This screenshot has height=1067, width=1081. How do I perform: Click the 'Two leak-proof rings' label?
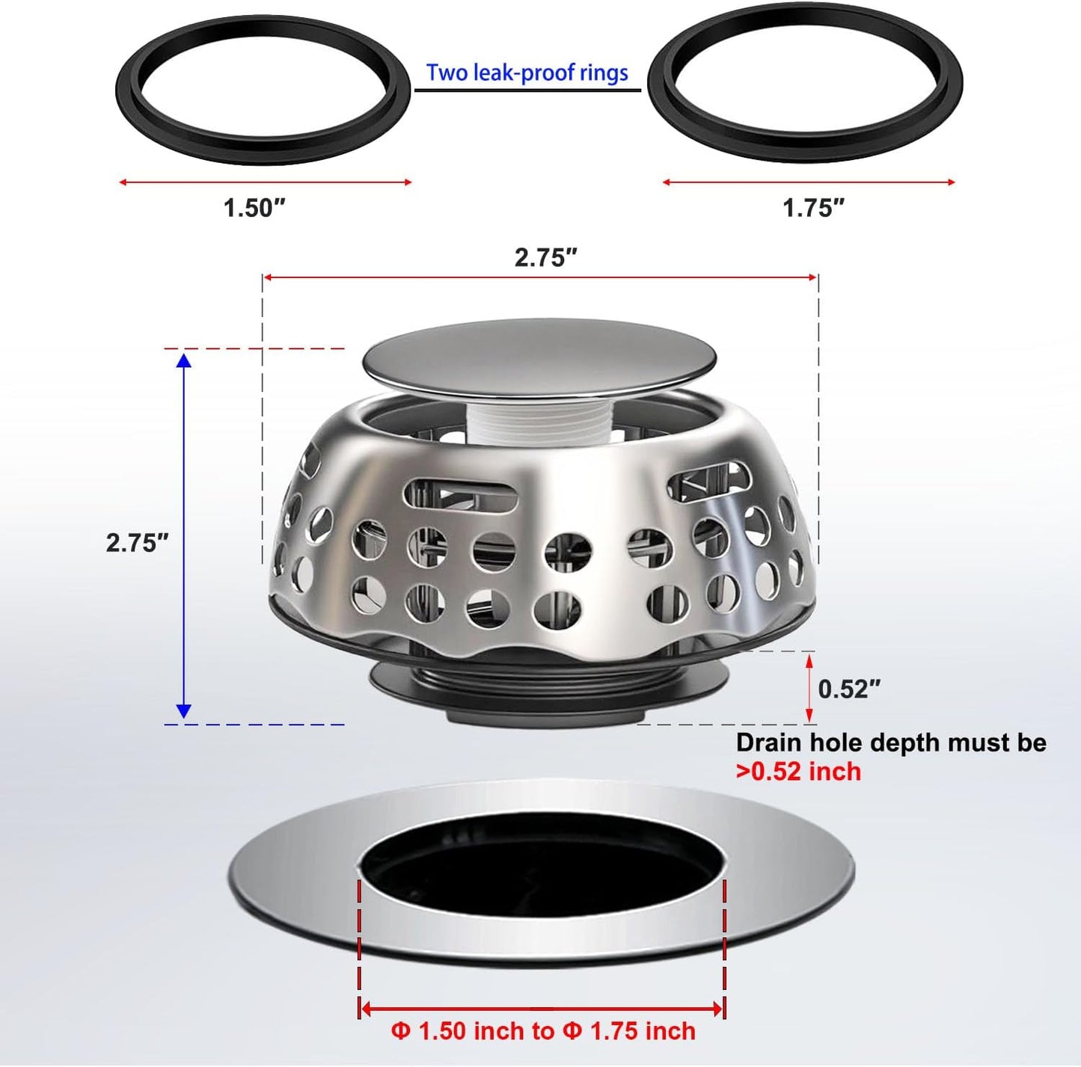tap(527, 73)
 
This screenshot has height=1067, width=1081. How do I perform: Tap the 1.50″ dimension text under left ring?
tap(254, 208)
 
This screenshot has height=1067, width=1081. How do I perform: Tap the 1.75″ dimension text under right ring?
tap(813, 208)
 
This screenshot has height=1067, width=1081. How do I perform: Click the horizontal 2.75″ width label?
tap(545, 258)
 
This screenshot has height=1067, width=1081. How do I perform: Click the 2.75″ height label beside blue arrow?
tap(137, 543)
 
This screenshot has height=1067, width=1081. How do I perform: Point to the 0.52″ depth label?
tap(848, 689)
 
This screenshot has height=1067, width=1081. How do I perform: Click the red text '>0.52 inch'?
tap(798, 771)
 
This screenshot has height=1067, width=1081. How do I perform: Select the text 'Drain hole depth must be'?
tap(890, 742)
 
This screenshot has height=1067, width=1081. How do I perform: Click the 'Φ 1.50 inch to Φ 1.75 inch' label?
tap(543, 1031)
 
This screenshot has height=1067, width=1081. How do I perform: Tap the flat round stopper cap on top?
tap(539, 355)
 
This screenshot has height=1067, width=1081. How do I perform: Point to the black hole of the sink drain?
tap(542, 867)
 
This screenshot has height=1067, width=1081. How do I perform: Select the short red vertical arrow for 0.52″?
tap(809, 687)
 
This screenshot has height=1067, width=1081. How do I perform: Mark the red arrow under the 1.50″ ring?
tap(265, 182)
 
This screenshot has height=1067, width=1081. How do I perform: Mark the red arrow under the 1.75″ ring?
tap(809, 182)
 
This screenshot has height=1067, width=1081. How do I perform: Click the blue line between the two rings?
tap(527, 90)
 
